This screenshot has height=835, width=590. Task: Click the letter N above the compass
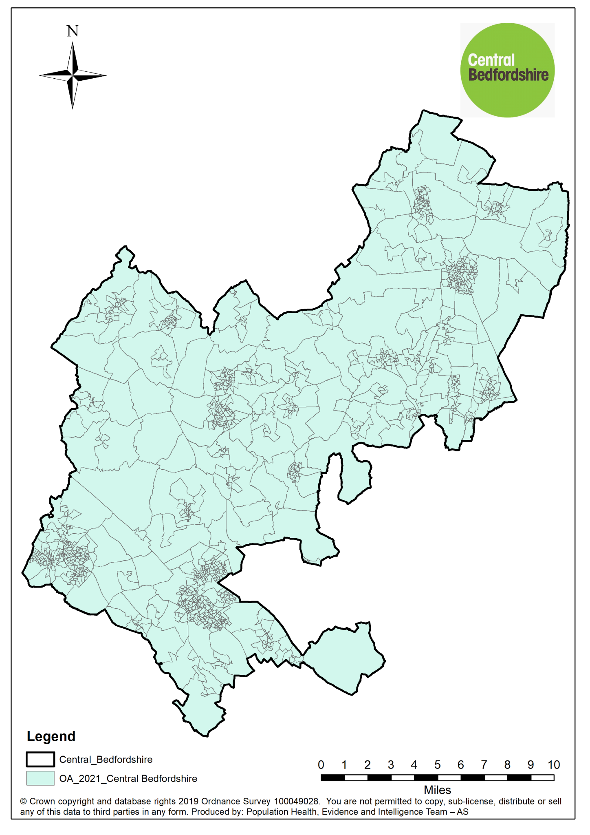pyautogui.click(x=73, y=31)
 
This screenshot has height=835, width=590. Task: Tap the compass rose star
pyautogui.click(x=73, y=75)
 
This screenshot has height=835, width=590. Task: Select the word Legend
pyautogui.click(x=51, y=736)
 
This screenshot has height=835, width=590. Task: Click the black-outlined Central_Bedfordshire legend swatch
pyautogui.click(x=40, y=760)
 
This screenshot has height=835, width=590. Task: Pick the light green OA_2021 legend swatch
pyautogui.click(x=40, y=778)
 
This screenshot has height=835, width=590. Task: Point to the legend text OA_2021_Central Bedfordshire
pyautogui.click(x=128, y=779)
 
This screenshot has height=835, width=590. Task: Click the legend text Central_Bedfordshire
pyautogui.click(x=106, y=760)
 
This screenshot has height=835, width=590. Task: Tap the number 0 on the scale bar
pyautogui.click(x=321, y=765)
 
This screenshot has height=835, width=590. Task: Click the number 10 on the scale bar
pyautogui.click(x=553, y=765)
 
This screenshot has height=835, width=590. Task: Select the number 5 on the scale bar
pyautogui.click(x=437, y=765)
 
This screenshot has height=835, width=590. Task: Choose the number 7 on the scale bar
pyautogui.click(x=484, y=765)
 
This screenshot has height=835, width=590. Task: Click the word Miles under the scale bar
pyautogui.click(x=437, y=790)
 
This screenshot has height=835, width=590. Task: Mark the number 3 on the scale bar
pyautogui.click(x=391, y=765)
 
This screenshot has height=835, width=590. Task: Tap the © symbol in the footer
pyautogui.click(x=24, y=802)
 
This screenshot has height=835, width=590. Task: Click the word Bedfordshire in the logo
pyautogui.click(x=508, y=75)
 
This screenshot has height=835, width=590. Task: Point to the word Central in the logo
pyautogui.click(x=491, y=60)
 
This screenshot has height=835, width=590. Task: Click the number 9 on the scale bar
pyautogui.click(x=530, y=765)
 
